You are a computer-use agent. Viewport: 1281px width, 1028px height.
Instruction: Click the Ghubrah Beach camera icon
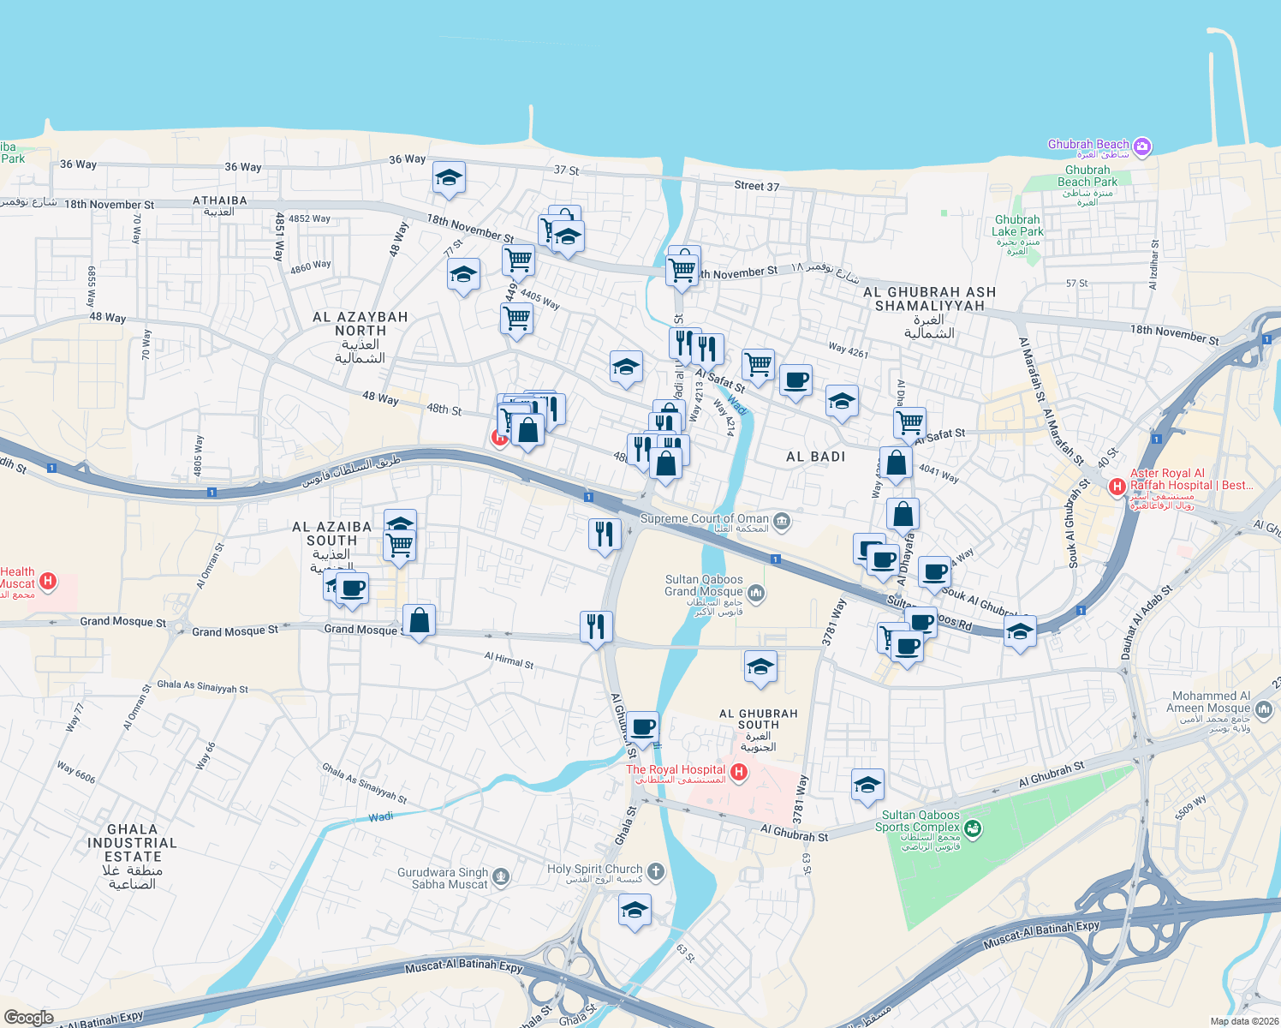[1141, 146]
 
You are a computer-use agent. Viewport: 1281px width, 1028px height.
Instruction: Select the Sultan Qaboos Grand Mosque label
[704, 586]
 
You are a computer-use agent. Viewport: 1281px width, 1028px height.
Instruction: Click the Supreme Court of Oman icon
[781, 520]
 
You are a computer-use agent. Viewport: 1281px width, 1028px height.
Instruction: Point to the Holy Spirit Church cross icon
[655, 872]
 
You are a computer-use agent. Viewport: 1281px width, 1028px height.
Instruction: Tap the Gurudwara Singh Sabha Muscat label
[444, 878]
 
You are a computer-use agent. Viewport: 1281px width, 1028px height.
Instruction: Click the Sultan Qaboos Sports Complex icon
[972, 828]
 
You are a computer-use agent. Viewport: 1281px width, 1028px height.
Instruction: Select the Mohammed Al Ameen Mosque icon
[1264, 709]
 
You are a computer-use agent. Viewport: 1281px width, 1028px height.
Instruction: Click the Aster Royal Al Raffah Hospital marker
[1117, 487]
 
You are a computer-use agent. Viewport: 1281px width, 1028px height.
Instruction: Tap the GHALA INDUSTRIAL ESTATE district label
[132, 856]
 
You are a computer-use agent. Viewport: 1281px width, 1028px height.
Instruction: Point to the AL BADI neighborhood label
[815, 457]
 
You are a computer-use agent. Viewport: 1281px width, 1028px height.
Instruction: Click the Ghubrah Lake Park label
[1017, 225]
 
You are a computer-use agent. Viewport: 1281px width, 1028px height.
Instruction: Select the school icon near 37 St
[449, 178]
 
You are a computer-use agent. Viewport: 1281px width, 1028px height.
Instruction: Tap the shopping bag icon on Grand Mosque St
[419, 620]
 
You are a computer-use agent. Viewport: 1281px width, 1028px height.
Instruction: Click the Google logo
[28, 1017]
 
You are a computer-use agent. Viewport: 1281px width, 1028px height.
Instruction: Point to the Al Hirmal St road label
[509, 660]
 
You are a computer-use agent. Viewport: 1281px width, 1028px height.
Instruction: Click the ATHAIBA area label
[220, 200]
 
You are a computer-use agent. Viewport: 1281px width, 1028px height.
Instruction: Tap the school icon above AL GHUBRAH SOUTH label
[760, 666]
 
